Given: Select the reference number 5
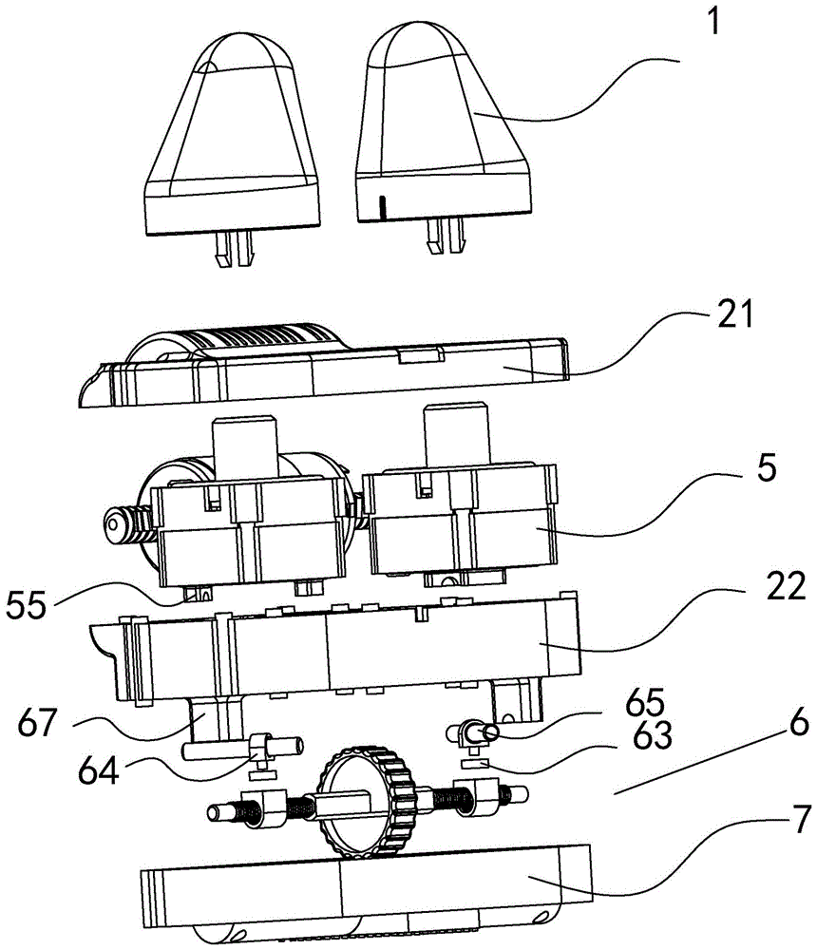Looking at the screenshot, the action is [767, 467].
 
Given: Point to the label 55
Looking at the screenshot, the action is [26, 604].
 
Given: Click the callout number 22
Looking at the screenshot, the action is [786, 586].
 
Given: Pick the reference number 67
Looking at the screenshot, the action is [37, 722].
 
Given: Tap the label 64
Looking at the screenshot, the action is [99, 771].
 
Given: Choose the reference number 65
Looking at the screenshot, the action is [645, 702].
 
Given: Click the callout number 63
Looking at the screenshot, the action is [653, 734].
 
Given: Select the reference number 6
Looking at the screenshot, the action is [799, 722].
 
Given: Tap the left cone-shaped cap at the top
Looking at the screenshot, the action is [232, 135].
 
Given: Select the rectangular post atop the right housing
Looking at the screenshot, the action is [457, 433].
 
